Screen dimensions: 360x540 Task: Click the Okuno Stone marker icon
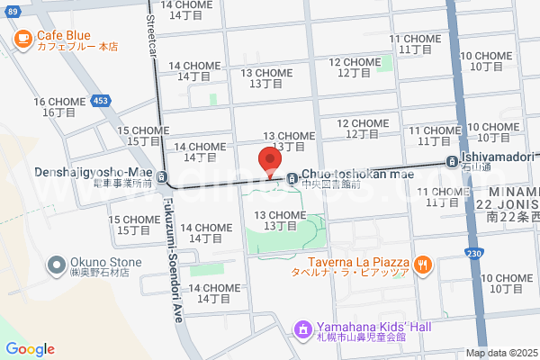point(55,266)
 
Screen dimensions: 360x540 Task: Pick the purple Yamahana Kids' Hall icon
point(302,329)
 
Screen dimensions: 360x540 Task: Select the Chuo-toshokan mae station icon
point(292,178)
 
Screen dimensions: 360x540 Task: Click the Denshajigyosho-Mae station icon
point(161,177)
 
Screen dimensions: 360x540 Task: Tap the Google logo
point(30,349)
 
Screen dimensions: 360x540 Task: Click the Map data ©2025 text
point(501,353)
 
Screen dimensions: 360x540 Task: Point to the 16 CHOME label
point(59,107)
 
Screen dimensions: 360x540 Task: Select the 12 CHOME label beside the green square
point(355,67)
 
